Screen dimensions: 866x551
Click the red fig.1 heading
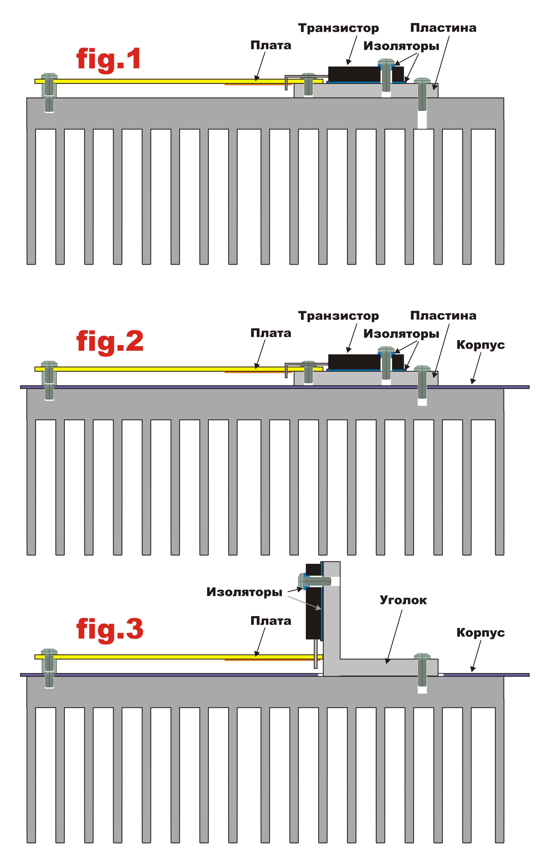pos(108,59)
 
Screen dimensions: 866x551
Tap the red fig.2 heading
pos(110,342)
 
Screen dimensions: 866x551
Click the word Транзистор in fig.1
pos(338,28)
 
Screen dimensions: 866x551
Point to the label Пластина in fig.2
pos(443,315)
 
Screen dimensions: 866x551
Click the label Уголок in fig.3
pos(403,600)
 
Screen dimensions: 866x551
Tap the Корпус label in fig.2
pos(480,345)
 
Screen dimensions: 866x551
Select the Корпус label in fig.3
pos(480,632)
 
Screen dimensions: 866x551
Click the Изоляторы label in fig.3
pos(244,592)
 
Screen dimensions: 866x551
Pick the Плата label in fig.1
pos(271,45)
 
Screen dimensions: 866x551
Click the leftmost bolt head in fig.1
pos(49,76)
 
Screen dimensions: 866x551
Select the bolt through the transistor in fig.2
pos(386,363)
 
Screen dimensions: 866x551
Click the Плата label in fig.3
pos(271,621)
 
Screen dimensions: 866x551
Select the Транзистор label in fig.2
pos(338,316)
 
